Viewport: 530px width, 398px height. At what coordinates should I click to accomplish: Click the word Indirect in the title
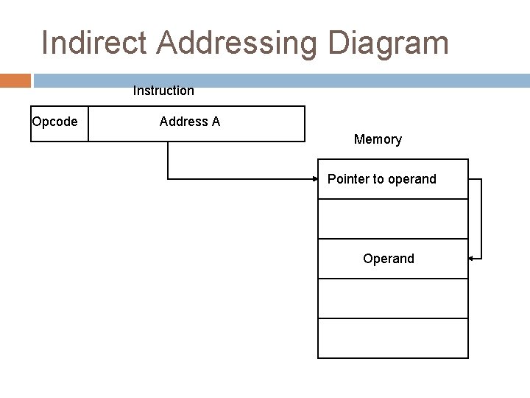pos(95,43)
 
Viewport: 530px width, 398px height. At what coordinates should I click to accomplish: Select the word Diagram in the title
pos(388,43)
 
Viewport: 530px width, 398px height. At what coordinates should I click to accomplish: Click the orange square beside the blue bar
pos(15,80)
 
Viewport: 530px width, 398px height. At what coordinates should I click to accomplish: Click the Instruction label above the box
pos(163,91)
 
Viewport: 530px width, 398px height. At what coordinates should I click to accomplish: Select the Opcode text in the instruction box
pos(54,122)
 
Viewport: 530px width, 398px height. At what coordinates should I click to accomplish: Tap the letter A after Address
pos(216,122)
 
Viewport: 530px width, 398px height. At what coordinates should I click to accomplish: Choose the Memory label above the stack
pos(378,139)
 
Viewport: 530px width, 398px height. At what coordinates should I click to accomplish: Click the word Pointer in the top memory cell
pos(348,179)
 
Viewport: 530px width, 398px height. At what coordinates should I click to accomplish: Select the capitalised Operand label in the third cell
pos(388,259)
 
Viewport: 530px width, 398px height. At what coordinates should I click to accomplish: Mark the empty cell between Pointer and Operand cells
pos(392,219)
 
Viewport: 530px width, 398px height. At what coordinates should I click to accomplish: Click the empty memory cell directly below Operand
pos(392,298)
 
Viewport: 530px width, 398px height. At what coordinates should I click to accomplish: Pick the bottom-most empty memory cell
pos(392,338)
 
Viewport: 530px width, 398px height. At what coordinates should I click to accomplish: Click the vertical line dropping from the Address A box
pos(168,159)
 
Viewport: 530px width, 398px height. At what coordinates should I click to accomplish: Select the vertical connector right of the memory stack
pos(481,219)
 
